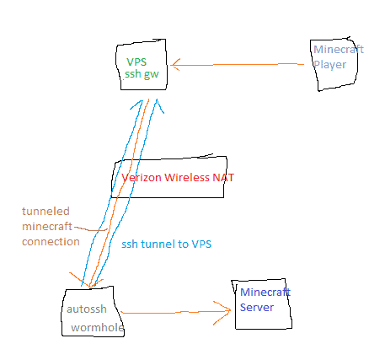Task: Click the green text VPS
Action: tap(136, 62)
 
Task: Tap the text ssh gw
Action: tap(142, 74)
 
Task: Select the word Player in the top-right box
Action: tap(329, 65)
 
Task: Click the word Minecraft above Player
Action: tap(339, 50)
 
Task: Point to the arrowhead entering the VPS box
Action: tap(174, 65)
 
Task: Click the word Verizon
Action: tap(142, 178)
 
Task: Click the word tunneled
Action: tap(45, 212)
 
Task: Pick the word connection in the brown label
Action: tap(51, 242)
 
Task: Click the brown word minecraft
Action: tap(47, 227)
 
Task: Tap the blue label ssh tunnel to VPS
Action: tap(167, 244)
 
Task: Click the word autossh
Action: tap(87, 309)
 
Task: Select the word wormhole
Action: tap(97, 328)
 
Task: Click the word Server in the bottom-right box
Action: tap(257, 307)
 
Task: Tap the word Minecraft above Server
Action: tap(265, 293)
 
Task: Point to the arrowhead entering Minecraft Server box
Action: tap(225, 311)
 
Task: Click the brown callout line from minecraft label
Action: tap(91, 229)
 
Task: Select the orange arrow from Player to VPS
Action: tap(238, 65)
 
